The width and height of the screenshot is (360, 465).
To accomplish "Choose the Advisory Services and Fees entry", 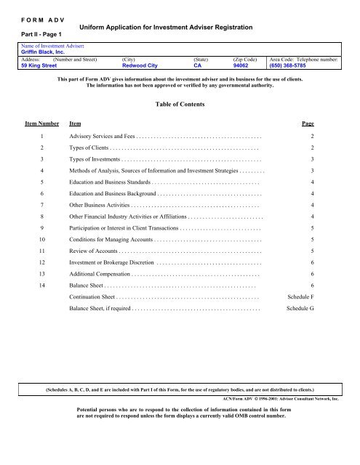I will coord(102,137).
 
